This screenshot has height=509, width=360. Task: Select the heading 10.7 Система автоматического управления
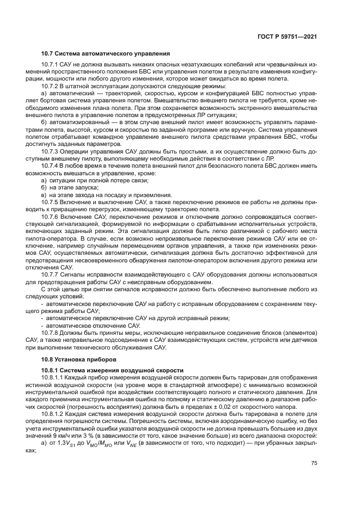tap(106, 53)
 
